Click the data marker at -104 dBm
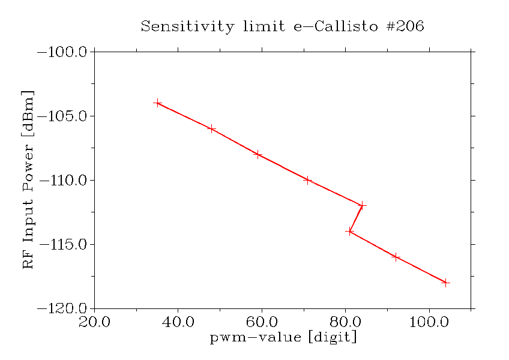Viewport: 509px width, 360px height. (158, 103)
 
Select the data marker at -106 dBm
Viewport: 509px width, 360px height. (211, 129)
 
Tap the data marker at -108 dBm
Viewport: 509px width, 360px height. (258, 154)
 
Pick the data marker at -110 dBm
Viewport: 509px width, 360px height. (307, 180)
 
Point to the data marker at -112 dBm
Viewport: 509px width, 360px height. (362, 205)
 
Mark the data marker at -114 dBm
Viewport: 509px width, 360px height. (349, 231)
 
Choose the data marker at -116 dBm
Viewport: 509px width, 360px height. (396, 257)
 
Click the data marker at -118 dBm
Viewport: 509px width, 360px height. (445, 283)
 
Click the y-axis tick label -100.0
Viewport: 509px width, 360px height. (63, 52)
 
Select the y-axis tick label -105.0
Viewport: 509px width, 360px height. (63, 116)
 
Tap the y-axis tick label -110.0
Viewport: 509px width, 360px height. (63, 181)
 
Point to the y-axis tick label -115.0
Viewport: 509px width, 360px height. (63, 245)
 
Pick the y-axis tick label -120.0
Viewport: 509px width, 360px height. (63, 309)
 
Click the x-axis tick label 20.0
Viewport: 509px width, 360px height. (94, 322)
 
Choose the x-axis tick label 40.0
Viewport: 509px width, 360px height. (178, 322)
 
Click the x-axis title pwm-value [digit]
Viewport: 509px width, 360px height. (283, 338)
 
